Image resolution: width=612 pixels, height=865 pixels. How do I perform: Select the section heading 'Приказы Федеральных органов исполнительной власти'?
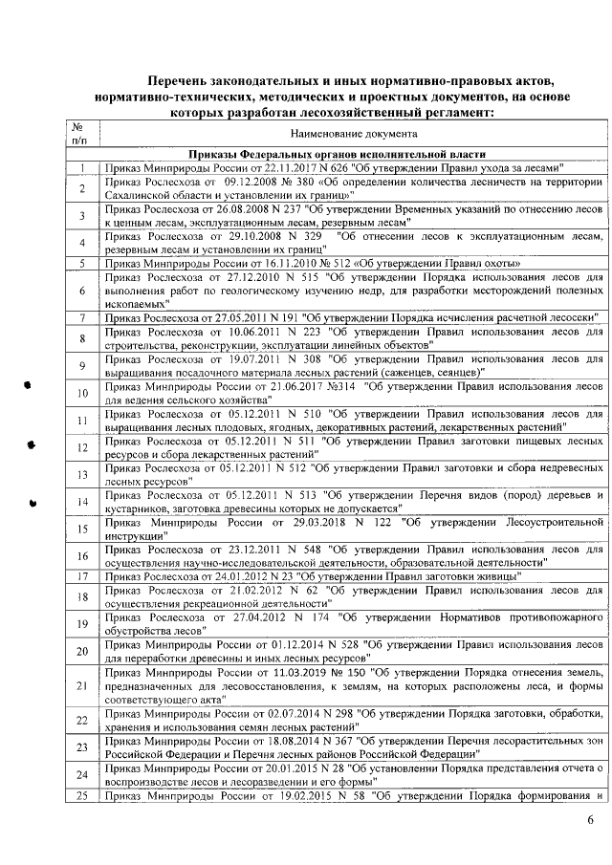[336, 154]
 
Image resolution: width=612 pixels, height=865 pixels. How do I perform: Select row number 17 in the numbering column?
[82, 576]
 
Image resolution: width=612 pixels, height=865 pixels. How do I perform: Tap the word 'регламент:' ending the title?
[452, 112]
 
